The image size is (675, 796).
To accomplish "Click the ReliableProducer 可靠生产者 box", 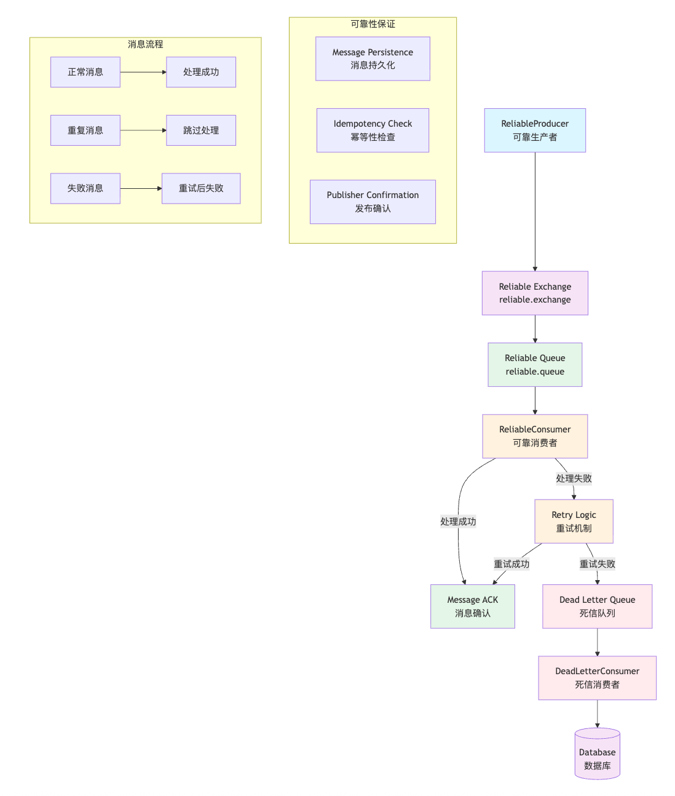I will (x=535, y=130).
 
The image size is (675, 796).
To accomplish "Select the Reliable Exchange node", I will (x=535, y=293).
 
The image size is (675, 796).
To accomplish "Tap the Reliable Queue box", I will (x=535, y=365).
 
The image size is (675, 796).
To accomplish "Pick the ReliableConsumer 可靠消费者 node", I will (x=535, y=436).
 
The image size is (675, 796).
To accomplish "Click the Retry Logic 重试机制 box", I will (x=574, y=522).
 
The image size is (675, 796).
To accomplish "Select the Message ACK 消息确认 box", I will (x=472, y=607).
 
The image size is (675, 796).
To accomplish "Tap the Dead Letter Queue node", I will (x=597, y=607).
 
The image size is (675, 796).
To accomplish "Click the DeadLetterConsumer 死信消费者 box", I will (x=597, y=678).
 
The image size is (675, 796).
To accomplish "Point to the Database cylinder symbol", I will (x=597, y=755).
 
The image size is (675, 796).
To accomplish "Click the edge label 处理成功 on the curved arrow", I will (x=458, y=522).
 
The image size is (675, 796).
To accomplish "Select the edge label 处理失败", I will (x=574, y=479).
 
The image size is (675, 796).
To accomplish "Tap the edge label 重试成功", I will (x=511, y=564).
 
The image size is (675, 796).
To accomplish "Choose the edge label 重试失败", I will (x=597, y=564).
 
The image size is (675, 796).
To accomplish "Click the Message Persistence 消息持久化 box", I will (x=373, y=59).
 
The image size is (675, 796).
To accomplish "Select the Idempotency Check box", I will (x=373, y=130).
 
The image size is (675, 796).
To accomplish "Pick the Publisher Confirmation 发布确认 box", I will (x=373, y=202).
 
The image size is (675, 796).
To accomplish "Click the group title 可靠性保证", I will (x=373, y=24).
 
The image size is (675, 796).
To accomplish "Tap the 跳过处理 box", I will (x=201, y=130).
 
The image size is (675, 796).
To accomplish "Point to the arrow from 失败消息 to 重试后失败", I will (x=141, y=188).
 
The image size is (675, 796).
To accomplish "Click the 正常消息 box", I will (x=85, y=72).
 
